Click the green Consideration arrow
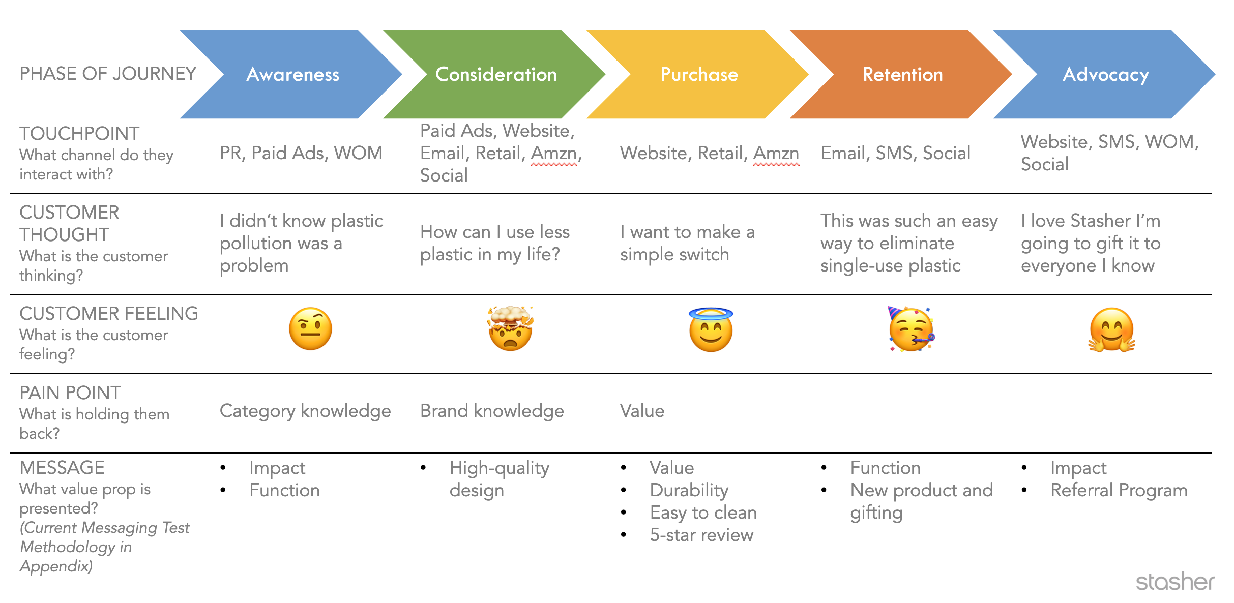tap(496, 74)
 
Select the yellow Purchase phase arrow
tap(699, 74)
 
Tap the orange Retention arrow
tap(903, 74)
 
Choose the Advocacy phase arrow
tap(1106, 74)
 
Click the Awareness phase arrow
tap(293, 74)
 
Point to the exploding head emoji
tap(510, 329)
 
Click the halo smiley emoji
tap(711, 329)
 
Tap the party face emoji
tap(911, 329)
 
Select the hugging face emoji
tap(1111, 330)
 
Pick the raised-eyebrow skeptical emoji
tap(310, 329)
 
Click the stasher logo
tap(1175, 582)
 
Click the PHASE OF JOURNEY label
tap(108, 74)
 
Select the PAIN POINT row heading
tap(70, 393)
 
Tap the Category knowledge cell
tap(305, 411)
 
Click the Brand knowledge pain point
tap(492, 411)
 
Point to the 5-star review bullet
tap(701, 535)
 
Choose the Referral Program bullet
tap(1119, 490)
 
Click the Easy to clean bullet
tap(703, 512)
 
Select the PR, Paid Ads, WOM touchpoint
tap(301, 153)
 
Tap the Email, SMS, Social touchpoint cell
tap(896, 153)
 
